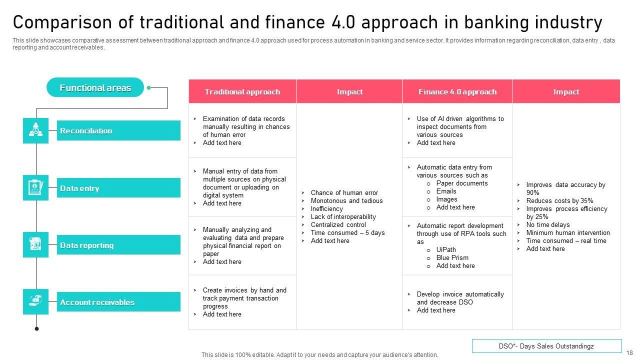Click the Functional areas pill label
[x=95, y=87]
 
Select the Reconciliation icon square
[x=35, y=130]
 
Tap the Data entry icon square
[x=35, y=187]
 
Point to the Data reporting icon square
[x=35, y=244]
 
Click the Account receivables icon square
[x=35, y=301]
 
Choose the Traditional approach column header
[x=242, y=91]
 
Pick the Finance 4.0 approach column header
[x=457, y=91]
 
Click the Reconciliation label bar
[x=118, y=130]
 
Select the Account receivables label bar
[x=118, y=301]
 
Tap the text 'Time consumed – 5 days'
[x=347, y=233]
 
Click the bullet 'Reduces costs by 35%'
[x=559, y=200]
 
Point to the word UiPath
[x=446, y=249]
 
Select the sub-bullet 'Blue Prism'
[x=452, y=257]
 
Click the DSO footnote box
[x=547, y=346]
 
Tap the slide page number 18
[x=629, y=353]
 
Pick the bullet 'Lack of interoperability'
[x=343, y=217]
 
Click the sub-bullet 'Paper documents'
[x=462, y=183]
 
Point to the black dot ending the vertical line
[x=36, y=329]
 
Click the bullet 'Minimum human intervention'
[x=568, y=233]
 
